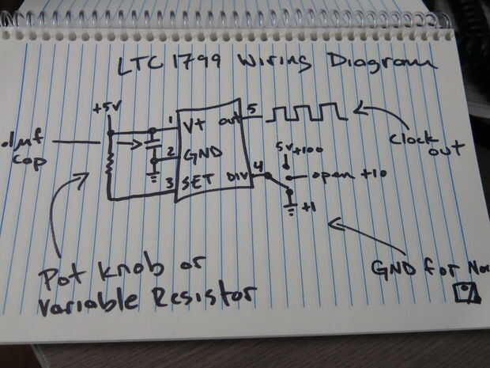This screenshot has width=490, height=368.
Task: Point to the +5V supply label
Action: pos(104,108)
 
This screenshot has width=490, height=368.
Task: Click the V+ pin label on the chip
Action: pos(192,126)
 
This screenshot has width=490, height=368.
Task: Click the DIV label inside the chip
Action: pos(237,177)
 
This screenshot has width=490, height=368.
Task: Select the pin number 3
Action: pos(170,184)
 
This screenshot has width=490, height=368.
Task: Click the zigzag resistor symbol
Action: pos(111,162)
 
